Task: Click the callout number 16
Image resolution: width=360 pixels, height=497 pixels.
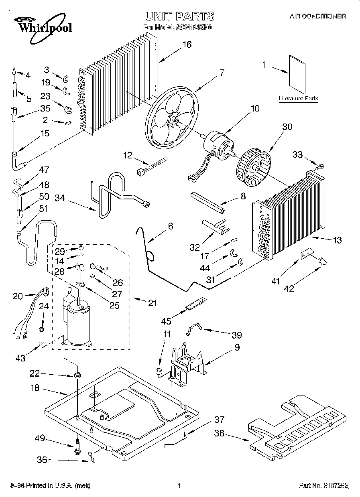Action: coord(187,45)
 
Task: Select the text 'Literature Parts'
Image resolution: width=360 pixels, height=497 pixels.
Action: coord(299,98)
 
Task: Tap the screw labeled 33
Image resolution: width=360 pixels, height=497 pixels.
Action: coord(321,166)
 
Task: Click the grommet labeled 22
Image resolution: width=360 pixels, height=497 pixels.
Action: coord(76,376)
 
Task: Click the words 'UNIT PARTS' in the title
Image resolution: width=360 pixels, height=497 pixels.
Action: coord(179,16)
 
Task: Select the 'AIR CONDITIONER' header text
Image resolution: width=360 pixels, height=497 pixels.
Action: coord(317,16)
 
